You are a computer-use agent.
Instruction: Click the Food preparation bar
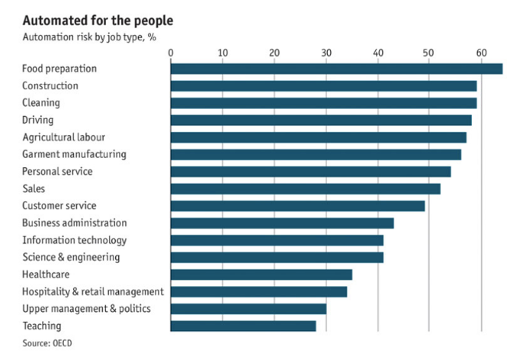click(x=336, y=69)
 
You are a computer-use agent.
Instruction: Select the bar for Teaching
click(x=243, y=326)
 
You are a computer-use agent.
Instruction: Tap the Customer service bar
click(x=297, y=205)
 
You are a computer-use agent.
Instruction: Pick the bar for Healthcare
click(x=262, y=275)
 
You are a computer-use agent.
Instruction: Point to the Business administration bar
click(x=282, y=223)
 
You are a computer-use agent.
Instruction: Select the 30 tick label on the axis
click(x=326, y=52)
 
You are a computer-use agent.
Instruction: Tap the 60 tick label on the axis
click(x=481, y=52)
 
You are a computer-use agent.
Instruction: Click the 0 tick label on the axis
click(x=171, y=52)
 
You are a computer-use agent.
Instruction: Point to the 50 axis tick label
click(x=429, y=52)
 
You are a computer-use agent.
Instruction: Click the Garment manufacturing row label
click(x=74, y=154)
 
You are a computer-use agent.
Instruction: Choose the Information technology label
click(x=74, y=240)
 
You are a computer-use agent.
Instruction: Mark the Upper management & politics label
click(x=86, y=309)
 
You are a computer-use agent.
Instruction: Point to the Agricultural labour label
click(x=63, y=137)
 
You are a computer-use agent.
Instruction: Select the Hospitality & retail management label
click(x=92, y=291)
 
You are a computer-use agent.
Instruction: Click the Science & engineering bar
click(x=277, y=257)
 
